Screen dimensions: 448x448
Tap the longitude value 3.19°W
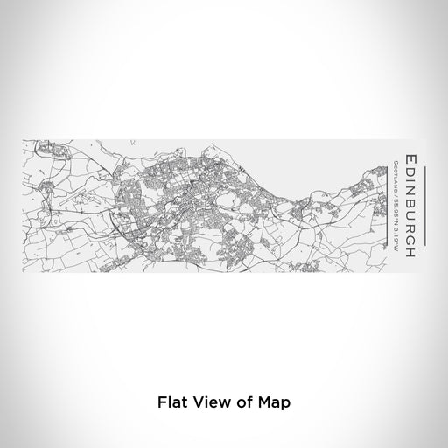395,227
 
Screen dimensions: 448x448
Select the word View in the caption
207,404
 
